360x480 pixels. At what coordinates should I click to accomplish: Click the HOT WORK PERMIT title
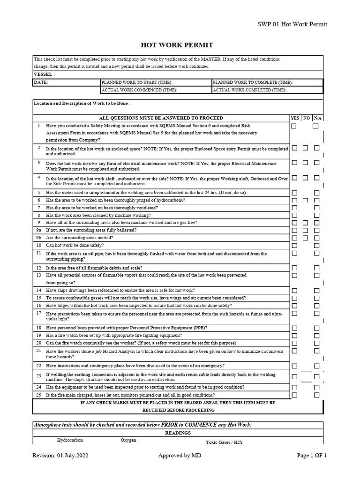pyautogui.click(x=177, y=45)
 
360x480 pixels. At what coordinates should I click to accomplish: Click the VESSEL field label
pyautogui.click(x=44, y=74)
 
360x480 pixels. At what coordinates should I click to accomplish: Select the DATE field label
pyautogui.click(x=41, y=82)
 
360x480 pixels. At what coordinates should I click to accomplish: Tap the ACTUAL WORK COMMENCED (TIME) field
pyautogui.click(x=139, y=90)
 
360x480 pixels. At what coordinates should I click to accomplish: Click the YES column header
pyautogui.click(x=295, y=118)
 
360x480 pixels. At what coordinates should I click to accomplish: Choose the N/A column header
pyautogui.click(x=317, y=118)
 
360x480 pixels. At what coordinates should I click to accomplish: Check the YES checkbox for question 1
pyautogui.click(x=294, y=126)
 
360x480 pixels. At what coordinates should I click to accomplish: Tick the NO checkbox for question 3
pyautogui.click(x=305, y=163)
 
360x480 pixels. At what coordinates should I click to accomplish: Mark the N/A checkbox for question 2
pyautogui.click(x=316, y=148)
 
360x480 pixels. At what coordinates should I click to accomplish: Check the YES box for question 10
pyautogui.click(x=294, y=245)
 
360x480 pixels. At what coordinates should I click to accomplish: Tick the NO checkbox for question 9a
pyautogui.click(x=305, y=230)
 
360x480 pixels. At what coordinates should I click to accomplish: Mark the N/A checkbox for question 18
pyautogui.click(x=316, y=328)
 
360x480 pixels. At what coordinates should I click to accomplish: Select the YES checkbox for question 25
pyautogui.click(x=294, y=395)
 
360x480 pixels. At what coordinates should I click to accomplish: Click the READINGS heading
pyautogui.click(x=178, y=433)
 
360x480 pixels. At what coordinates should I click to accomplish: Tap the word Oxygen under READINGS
pyautogui.click(x=129, y=441)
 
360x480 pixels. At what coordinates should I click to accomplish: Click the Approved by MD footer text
pyautogui.click(x=180, y=455)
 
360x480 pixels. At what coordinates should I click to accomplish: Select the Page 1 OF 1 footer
pyautogui.click(x=312, y=455)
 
